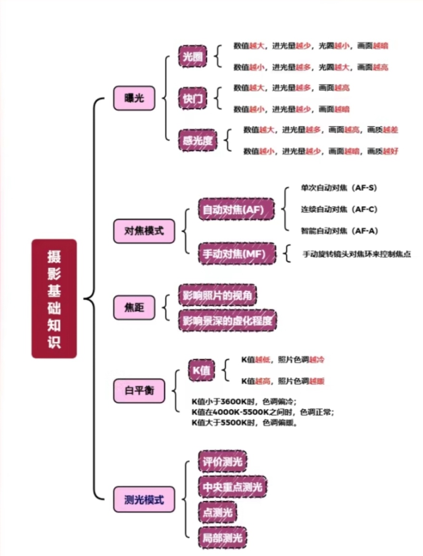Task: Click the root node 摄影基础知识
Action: click(54, 298)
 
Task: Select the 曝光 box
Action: click(134, 98)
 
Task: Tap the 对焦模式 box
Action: click(144, 230)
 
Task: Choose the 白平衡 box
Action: click(137, 391)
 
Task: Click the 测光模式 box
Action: click(144, 499)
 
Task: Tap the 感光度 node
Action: click(198, 140)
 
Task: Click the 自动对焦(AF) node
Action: click(236, 210)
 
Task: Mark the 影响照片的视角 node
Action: click(217, 295)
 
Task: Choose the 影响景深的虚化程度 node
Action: click(227, 320)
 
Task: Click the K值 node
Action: click(201, 370)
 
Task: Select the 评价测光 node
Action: click(222, 462)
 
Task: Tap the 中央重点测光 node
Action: click(232, 487)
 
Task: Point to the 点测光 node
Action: click(217, 513)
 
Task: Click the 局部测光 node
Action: click(222, 538)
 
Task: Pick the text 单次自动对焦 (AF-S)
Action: click(338, 188)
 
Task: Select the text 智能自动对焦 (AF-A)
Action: click(338, 231)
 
